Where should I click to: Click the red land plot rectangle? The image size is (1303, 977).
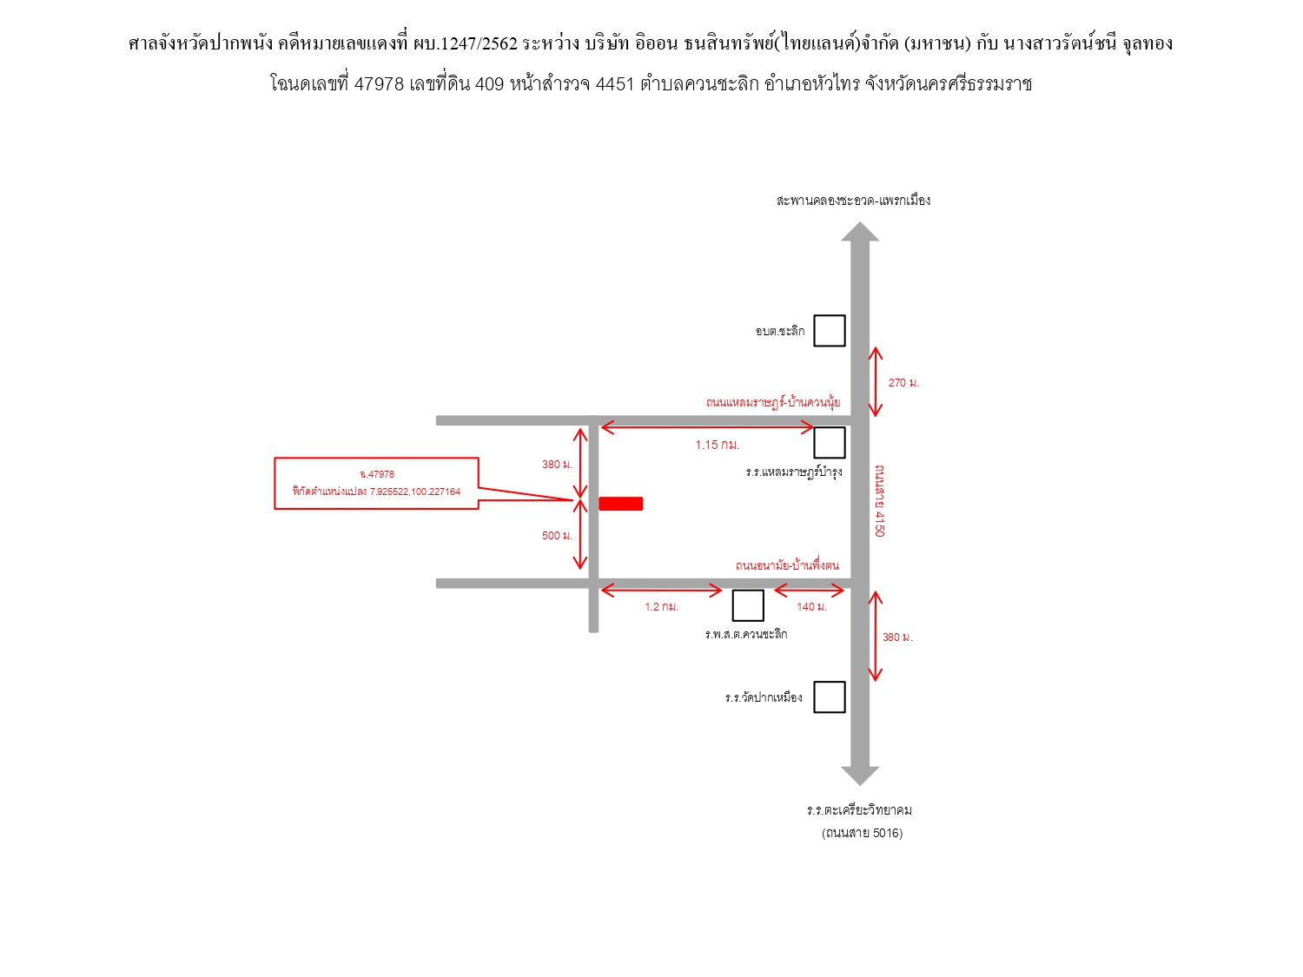[620, 504]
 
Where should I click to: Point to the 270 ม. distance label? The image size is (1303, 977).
[903, 383]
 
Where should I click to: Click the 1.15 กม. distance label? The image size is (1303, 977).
[718, 445]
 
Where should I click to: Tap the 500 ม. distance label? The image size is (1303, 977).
[557, 535]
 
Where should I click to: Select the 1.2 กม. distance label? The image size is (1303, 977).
[661, 606]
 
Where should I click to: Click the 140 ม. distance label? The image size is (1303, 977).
[811, 606]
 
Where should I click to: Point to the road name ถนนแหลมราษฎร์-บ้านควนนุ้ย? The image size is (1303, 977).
[773, 402]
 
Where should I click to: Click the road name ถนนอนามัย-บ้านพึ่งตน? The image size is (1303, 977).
[787, 565]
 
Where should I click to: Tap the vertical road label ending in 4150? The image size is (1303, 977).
[880, 501]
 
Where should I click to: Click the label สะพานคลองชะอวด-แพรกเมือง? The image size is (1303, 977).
[853, 200]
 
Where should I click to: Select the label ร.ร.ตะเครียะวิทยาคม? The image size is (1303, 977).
[859, 809]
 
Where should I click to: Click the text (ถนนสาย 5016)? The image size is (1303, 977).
[862, 833]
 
